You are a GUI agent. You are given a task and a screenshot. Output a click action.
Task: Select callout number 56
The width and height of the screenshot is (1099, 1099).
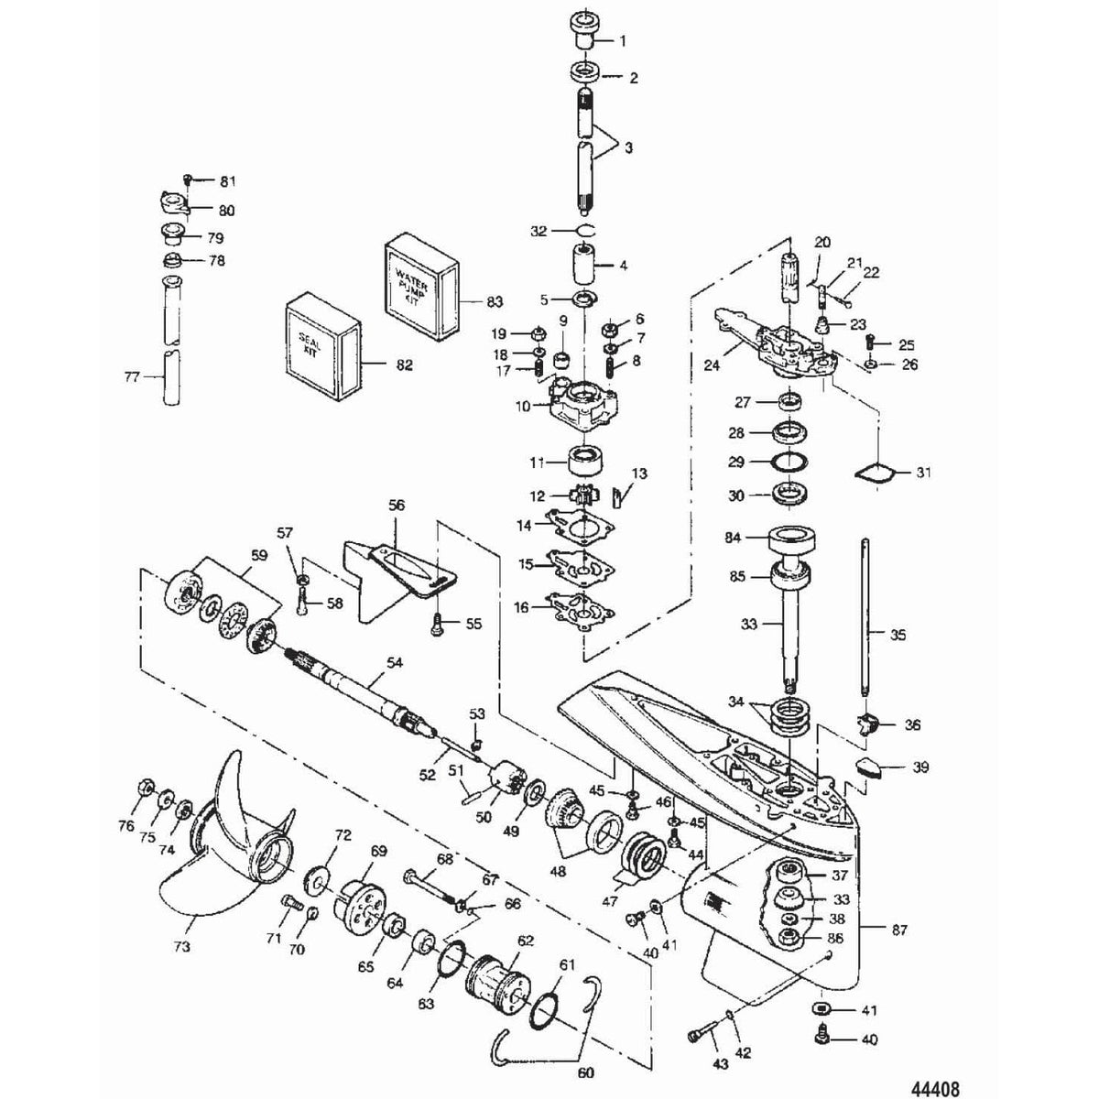coord(396,505)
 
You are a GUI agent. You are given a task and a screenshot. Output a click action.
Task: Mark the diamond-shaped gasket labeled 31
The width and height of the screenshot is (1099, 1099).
coord(873,473)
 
